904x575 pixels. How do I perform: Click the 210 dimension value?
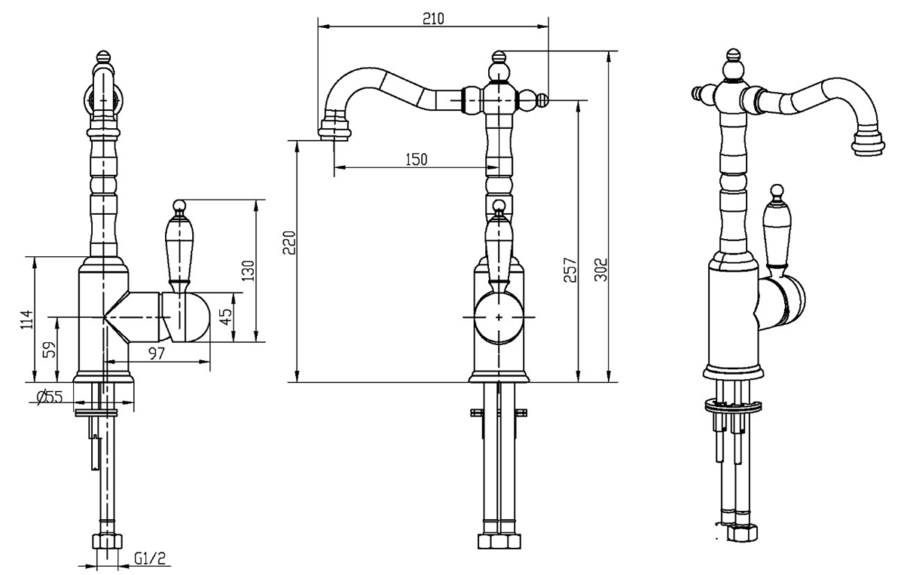pos(433,19)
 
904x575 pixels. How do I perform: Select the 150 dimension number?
pos(416,160)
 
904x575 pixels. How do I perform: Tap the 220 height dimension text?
pos(290,243)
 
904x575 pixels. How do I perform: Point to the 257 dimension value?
pos(571,270)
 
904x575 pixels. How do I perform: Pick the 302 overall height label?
pos(601,269)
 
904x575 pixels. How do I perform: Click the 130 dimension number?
pos(248,271)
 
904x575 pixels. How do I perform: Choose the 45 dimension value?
pos(227,317)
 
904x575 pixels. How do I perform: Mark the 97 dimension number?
pos(157,353)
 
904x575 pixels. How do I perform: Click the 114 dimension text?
pos(27,319)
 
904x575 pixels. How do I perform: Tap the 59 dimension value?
pos(49,350)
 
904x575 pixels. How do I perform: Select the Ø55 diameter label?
pos(50,397)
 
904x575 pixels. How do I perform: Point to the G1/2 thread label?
pos(150,559)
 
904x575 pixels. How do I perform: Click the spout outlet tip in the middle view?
pos(334,130)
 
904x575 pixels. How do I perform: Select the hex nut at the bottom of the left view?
pos(106,542)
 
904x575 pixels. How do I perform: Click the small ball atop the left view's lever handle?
pos(179,205)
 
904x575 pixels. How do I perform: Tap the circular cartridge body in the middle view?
pos(499,317)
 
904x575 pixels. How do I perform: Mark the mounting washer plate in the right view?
pos(733,405)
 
